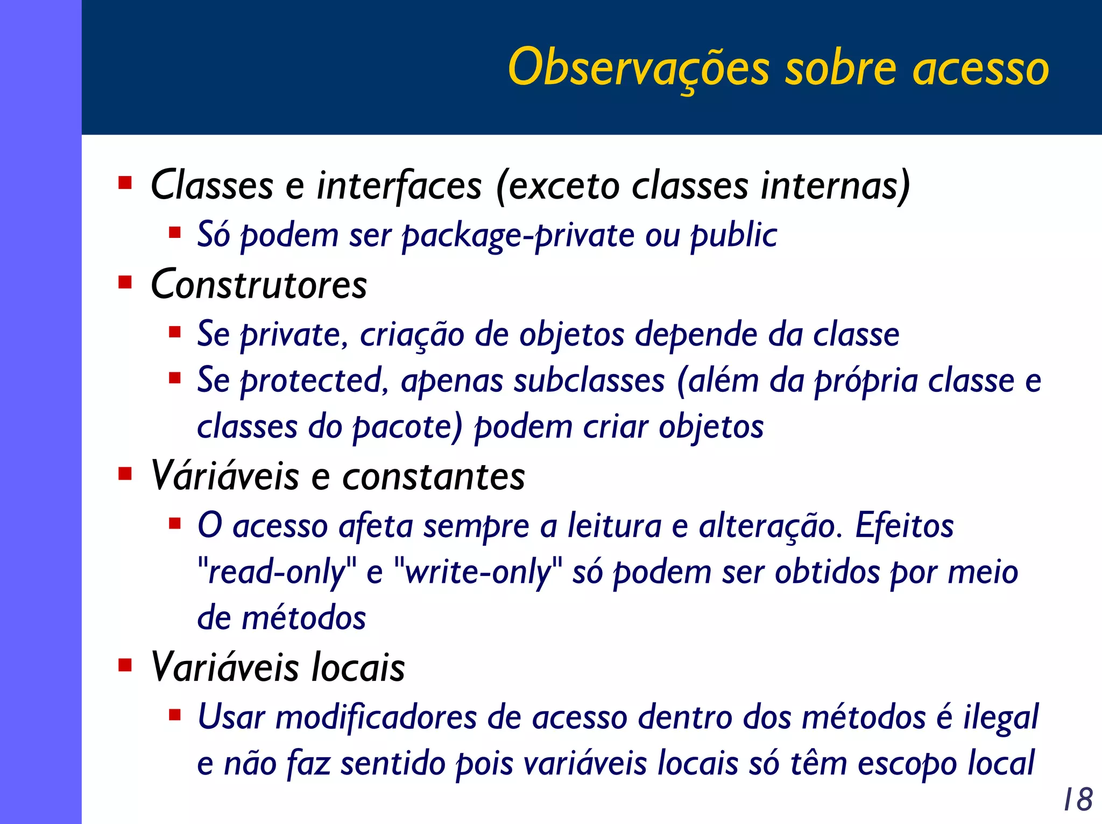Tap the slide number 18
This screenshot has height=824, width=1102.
pyautogui.click(x=1078, y=799)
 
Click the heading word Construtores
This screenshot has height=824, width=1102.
pyautogui.click(x=259, y=284)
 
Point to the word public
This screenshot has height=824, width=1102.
pyautogui.click(x=734, y=236)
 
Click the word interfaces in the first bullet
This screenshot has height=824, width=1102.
pyautogui.click(x=399, y=185)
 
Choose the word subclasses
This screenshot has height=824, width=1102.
pyautogui.click(x=589, y=381)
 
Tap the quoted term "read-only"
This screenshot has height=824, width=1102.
pyautogui.click(x=277, y=572)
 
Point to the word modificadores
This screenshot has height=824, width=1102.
pyautogui.click(x=376, y=717)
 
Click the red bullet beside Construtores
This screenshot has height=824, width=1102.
pyautogui.click(x=125, y=282)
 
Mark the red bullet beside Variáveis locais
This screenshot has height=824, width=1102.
pyautogui.click(x=125, y=665)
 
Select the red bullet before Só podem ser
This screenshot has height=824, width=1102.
pyautogui.click(x=174, y=233)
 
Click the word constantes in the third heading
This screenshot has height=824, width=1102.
pyautogui.click(x=434, y=476)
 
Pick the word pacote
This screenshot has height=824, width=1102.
pyautogui.click(x=407, y=427)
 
